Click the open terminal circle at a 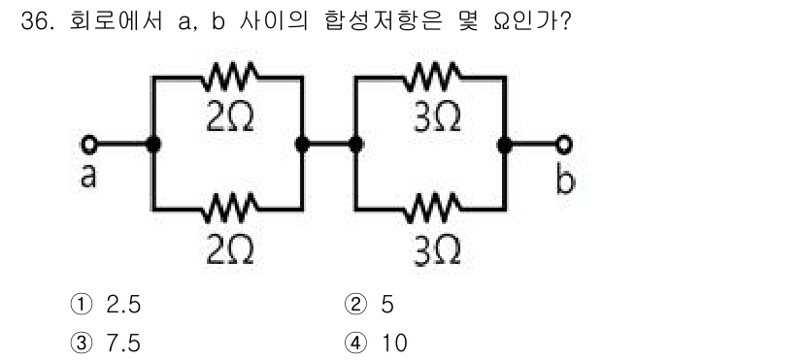point(89,145)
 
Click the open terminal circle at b point(562,145)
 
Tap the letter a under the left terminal point(89,178)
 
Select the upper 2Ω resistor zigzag point(228,74)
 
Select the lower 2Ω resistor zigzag point(229,208)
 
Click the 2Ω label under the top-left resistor point(230,115)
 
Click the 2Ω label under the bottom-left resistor point(230,249)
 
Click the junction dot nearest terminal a point(153,145)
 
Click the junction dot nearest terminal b point(504,145)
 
